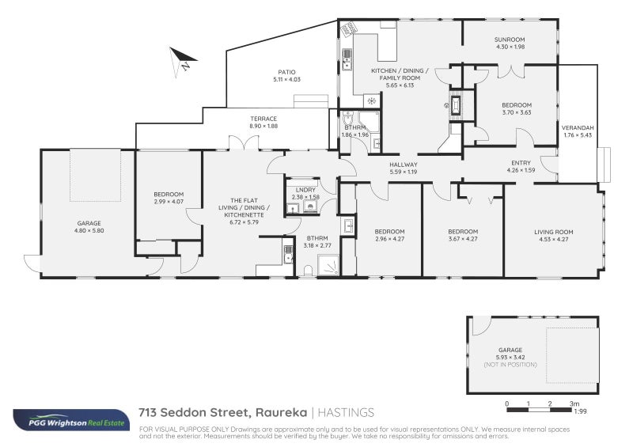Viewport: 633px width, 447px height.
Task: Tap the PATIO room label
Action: click(286, 71)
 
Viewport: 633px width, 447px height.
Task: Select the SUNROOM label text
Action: click(510, 39)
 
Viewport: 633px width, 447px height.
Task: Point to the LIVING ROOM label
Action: click(553, 232)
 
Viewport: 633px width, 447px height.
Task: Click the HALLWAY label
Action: click(403, 165)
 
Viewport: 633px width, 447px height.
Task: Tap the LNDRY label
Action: click(305, 190)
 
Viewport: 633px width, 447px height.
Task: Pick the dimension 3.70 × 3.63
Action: click(516, 112)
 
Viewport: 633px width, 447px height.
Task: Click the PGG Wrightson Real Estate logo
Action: click(69, 419)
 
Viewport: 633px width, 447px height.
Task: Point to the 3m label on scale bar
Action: click(574, 404)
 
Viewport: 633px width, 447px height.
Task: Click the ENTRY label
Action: click(521, 163)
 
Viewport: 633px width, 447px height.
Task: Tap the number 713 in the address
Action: click(147, 412)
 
